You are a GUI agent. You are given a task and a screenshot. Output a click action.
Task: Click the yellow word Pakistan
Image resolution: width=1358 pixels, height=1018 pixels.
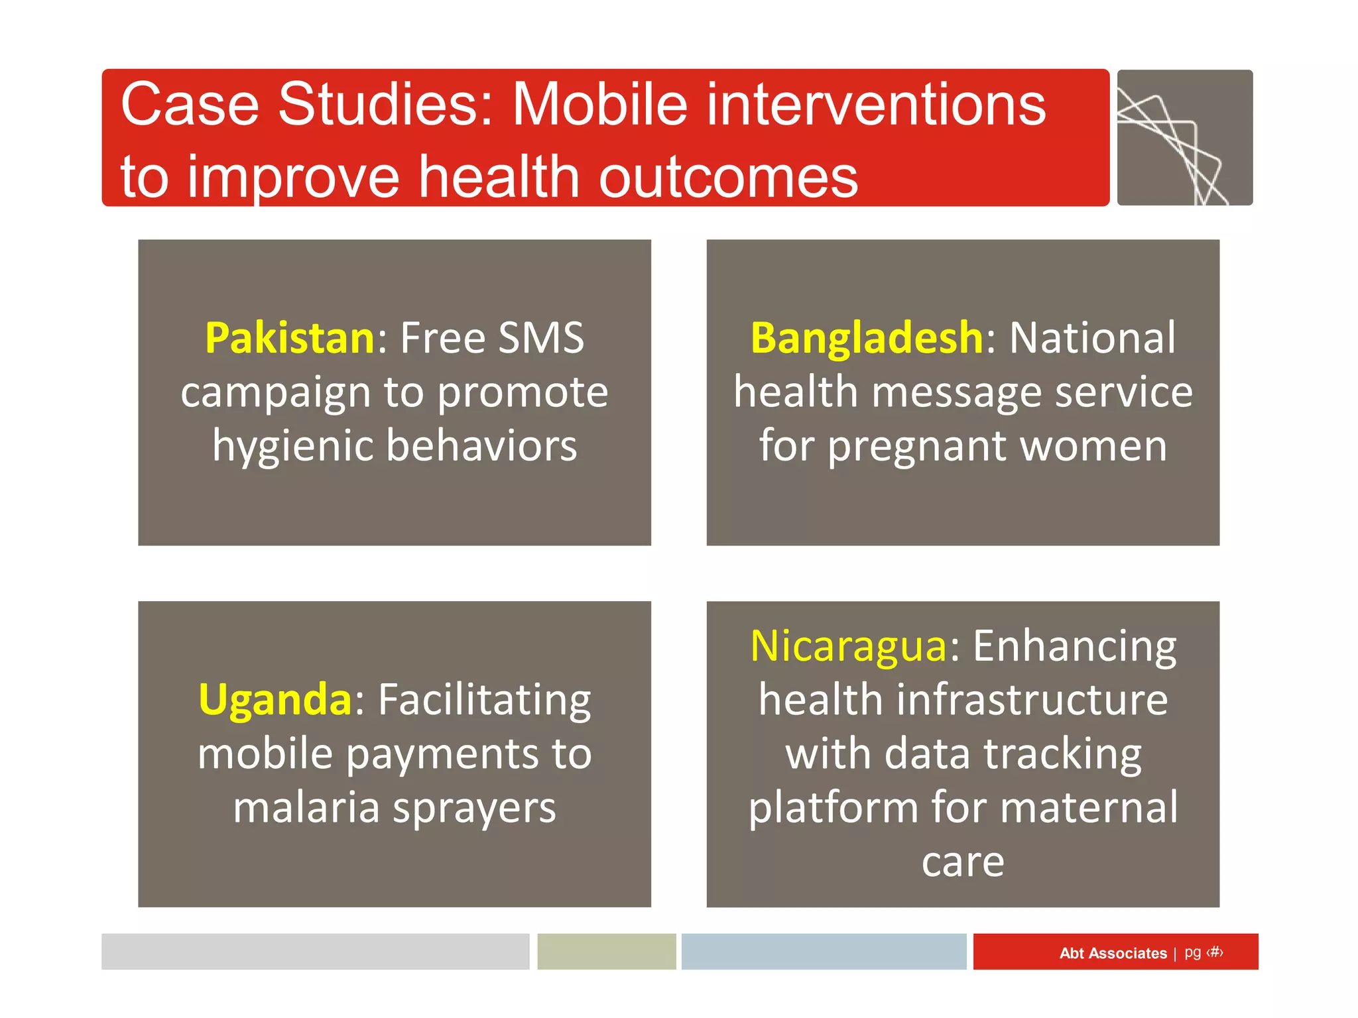coord(290,338)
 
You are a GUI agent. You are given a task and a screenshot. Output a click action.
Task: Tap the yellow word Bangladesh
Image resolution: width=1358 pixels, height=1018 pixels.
coord(866,338)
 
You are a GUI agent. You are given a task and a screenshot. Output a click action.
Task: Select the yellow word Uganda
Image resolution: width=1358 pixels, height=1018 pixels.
coord(275,699)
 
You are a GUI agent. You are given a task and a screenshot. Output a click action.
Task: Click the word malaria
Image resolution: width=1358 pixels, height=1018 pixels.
coord(306,808)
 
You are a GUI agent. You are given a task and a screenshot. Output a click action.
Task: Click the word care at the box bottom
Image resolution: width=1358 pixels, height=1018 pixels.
coord(963,862)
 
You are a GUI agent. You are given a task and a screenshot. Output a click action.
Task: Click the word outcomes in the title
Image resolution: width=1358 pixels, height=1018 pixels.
coord(728,177)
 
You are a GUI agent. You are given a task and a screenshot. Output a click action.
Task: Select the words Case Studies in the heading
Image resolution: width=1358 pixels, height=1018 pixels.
coord(306,105)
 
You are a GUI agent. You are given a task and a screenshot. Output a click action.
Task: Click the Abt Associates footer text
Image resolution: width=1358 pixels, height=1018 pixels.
coord(1113,953)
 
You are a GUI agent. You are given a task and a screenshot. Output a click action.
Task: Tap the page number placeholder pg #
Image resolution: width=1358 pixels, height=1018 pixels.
coord(1204,952)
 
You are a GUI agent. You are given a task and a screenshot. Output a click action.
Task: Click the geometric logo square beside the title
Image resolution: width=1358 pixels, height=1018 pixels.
coord(1184,137)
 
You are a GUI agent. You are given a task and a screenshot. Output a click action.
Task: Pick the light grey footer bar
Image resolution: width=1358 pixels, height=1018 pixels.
coord(315,952)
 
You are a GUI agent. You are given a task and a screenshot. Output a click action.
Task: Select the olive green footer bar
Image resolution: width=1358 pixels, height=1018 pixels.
coord(606,952)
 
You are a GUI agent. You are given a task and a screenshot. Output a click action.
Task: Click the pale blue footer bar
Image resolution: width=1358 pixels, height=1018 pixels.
coord(824,952)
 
